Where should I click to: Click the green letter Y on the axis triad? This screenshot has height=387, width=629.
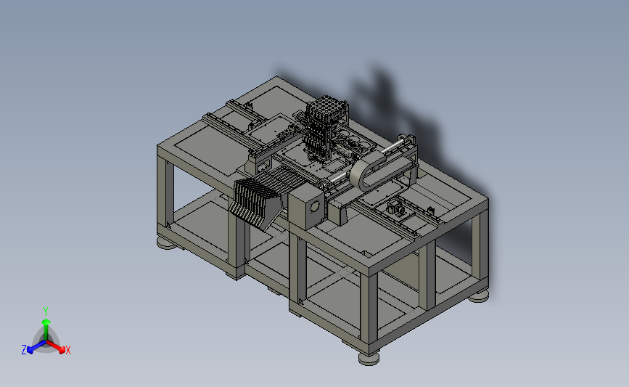pyautogui.click(x=46, y=311)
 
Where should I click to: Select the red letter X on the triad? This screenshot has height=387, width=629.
pyautogui.click(x=67, y=350)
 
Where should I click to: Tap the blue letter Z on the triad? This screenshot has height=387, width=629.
pyautogui.click(x=24, y=350)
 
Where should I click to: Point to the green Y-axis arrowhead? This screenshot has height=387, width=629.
pyautogui.click(x=46, y=322)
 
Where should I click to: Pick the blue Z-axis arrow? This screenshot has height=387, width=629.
pyautogui.click(x=36, y=346)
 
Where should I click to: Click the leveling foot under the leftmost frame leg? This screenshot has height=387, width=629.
pyautogui.click(x=166, y=243)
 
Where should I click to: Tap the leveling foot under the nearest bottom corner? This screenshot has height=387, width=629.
pyautogui.click(x=369, y=358)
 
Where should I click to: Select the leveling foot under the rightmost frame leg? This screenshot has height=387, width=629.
pyautogui.click(x=479, y=296)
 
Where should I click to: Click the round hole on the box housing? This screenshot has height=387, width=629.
pyautogui.click(x=315, y=207)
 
